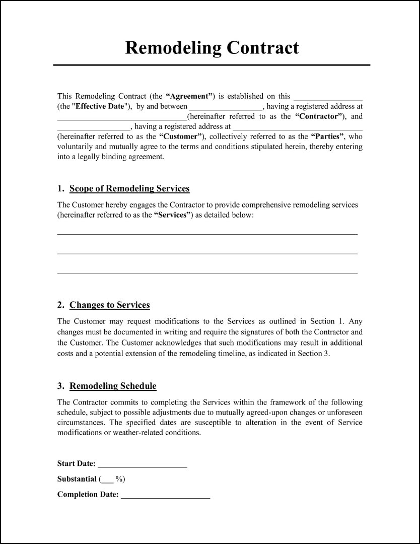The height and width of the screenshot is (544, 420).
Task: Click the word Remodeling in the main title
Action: click(173, 48)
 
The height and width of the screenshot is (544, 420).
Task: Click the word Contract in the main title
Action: click(262, 48)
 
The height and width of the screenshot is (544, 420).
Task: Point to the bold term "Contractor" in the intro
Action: click(319, 116)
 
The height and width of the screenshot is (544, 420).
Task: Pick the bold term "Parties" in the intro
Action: click(328, 137)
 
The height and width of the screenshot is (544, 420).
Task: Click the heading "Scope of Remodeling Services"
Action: click(129, 189)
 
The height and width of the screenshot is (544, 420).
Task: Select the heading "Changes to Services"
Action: click(109, 305)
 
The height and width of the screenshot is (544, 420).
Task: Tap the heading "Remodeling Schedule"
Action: click(113, 386)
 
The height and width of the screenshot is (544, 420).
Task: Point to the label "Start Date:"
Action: click(76, 464)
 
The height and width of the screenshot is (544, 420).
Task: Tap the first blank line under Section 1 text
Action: click(207, 234)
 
